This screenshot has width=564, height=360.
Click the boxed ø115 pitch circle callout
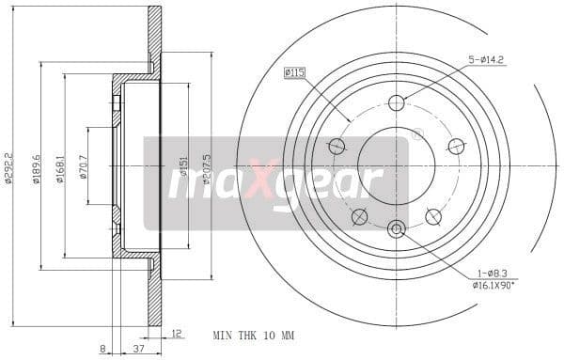coord(296,71)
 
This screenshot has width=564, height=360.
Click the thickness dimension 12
coord(176,332)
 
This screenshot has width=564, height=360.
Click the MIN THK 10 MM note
coord(254,335)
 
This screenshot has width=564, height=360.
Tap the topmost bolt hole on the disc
coord(396,102)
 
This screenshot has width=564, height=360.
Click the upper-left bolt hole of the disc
coord(337,146)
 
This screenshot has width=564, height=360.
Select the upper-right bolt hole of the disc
coord(456,146)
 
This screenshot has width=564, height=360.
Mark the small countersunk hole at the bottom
coord(396,227)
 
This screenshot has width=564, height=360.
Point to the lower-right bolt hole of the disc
coord(433,216)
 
